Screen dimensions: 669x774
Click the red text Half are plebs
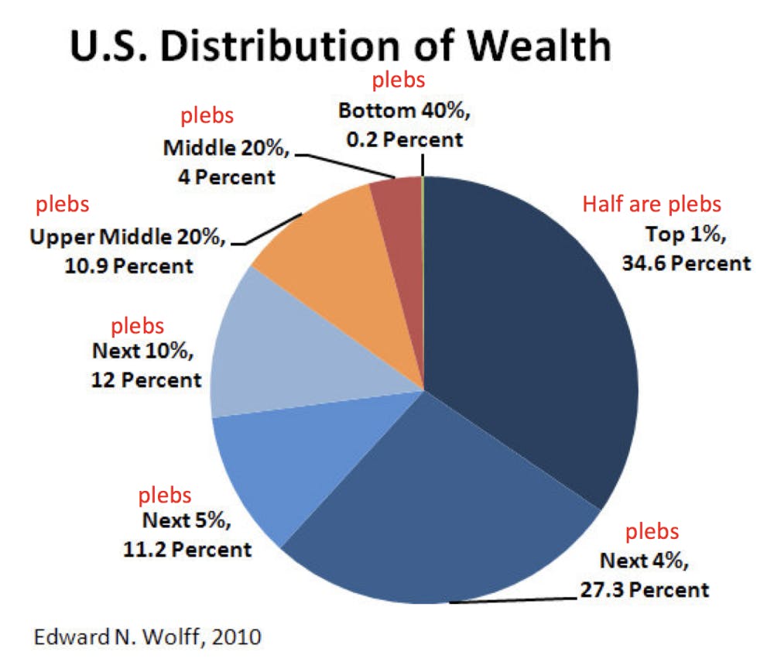click(652, 205)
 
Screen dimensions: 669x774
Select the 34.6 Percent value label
click(686, 263)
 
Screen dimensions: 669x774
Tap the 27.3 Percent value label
click(644, 589)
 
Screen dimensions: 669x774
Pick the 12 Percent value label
click(146, 381)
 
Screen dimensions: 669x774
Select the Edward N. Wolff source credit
click(147, 639)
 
